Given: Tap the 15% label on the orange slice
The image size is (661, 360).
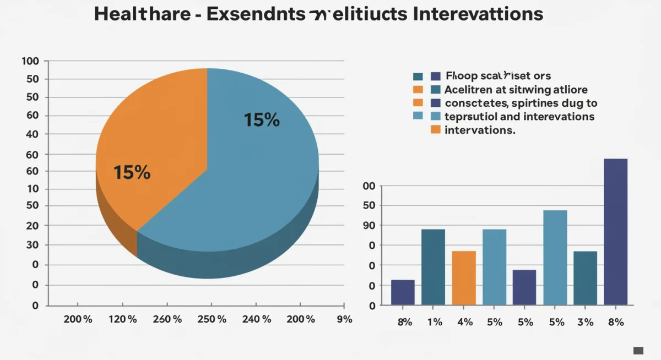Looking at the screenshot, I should click(132, 173).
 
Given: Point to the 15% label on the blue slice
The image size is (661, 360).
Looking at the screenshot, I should click(262, 120).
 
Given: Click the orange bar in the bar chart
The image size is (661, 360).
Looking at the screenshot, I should click(464, 277).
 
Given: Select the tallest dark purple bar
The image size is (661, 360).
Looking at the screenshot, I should click(615, 231).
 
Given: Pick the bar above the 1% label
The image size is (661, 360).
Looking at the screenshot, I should click(434, 266).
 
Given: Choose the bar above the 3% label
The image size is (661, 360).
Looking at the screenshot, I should click(585, 277).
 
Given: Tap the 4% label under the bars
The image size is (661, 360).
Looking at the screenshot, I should click(465, 322).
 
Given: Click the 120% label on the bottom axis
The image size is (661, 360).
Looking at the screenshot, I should click(122, 319).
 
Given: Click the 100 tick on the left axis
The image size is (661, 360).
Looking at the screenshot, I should click(31, 61).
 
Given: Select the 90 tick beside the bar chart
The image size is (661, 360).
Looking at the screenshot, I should click(369, 225).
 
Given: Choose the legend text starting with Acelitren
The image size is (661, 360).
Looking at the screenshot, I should click(516, 90).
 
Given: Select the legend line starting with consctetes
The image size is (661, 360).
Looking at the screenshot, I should click(521, 103).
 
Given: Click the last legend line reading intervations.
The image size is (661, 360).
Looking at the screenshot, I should click(479, 130).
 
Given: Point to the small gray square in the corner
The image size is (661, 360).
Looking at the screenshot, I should click(638, 350).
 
